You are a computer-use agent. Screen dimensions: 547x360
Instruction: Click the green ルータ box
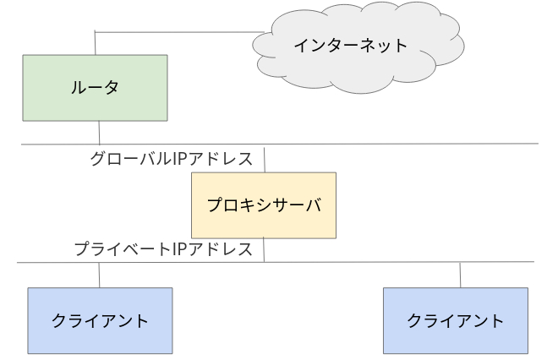tap(95, 88)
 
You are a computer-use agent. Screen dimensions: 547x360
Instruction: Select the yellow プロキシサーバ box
tap(264, 205)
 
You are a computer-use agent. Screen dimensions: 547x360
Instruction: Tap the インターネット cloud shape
tap(358, 47)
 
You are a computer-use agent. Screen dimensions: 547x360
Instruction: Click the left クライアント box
tap(100, 320)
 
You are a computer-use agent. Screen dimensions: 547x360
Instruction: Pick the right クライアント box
tap(456, 320)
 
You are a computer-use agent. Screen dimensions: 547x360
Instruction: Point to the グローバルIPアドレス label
tap(172, 159)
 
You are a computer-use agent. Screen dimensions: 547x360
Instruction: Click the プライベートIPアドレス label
tap(163, 249)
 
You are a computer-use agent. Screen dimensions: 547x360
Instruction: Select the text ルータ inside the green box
tap(95, 87)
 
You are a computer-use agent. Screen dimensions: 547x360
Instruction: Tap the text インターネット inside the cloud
tap(351, 46)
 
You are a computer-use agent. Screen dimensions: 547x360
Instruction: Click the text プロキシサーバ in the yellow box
tap(264, 205)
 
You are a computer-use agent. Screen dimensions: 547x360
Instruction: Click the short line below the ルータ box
tap(99, 133)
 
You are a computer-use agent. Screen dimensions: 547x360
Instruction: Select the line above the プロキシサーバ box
tap(265, 160)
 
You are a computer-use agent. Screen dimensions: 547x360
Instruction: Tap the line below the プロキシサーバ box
tap(264, 250)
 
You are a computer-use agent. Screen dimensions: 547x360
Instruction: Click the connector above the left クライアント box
tap(99, 275)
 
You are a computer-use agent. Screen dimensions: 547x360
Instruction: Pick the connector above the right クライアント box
tap(460, 275)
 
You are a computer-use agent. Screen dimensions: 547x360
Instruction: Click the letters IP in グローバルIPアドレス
tap(180, 159)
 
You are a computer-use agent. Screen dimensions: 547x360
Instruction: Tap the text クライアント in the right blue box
tap(456, 320)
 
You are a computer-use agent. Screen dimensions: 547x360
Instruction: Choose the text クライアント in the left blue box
tap(100, 320)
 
